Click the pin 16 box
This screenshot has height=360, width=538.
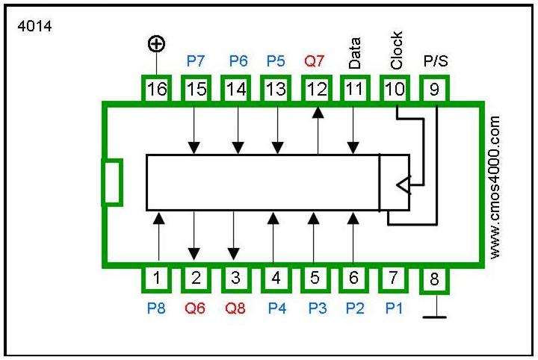[157, 90]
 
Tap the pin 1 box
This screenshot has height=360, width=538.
[158, 279]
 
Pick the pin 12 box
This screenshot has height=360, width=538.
[317, 90]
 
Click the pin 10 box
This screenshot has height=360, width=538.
[395, 90]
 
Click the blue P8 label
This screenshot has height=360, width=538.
[157, 307]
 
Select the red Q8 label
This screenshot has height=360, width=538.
[235, 307]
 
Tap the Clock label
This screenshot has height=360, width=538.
[396, 50]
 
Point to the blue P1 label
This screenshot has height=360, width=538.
[393, 307]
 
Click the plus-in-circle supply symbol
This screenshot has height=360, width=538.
[156, 45]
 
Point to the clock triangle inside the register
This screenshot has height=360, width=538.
[402, 184]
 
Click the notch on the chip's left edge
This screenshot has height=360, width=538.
[111, 181]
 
